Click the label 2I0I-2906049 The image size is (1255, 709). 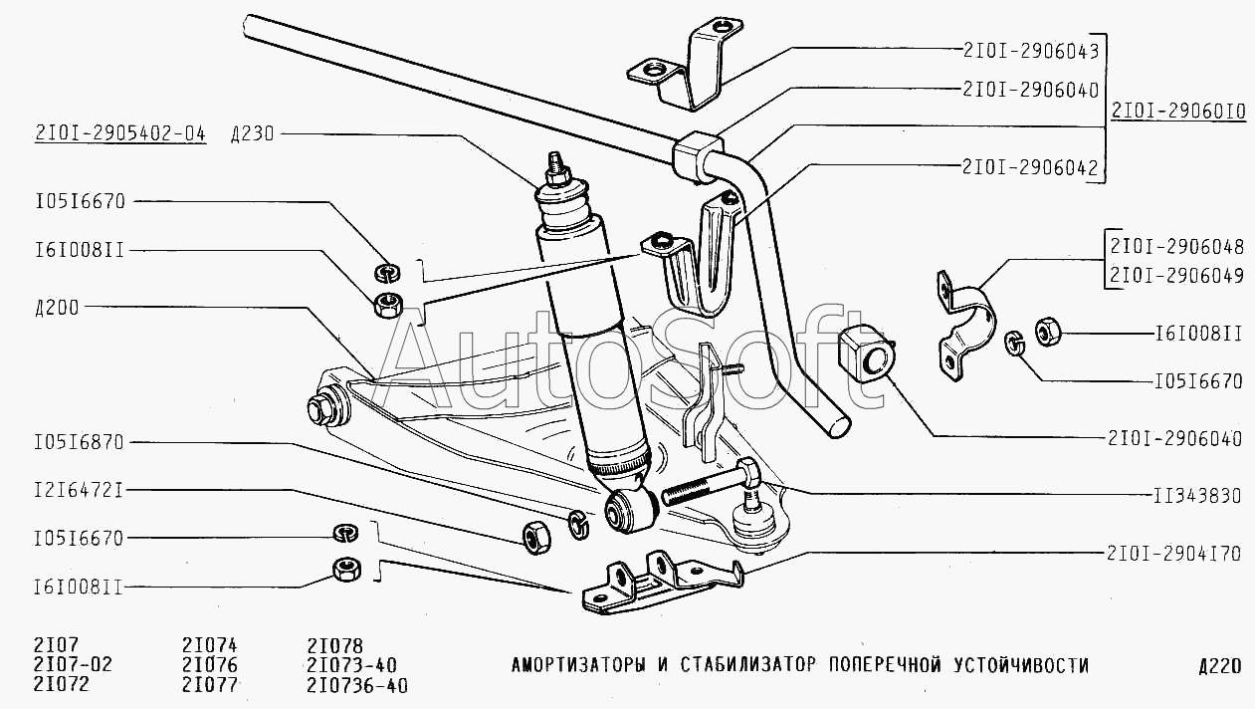1176,277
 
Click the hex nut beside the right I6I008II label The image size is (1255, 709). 1048,332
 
